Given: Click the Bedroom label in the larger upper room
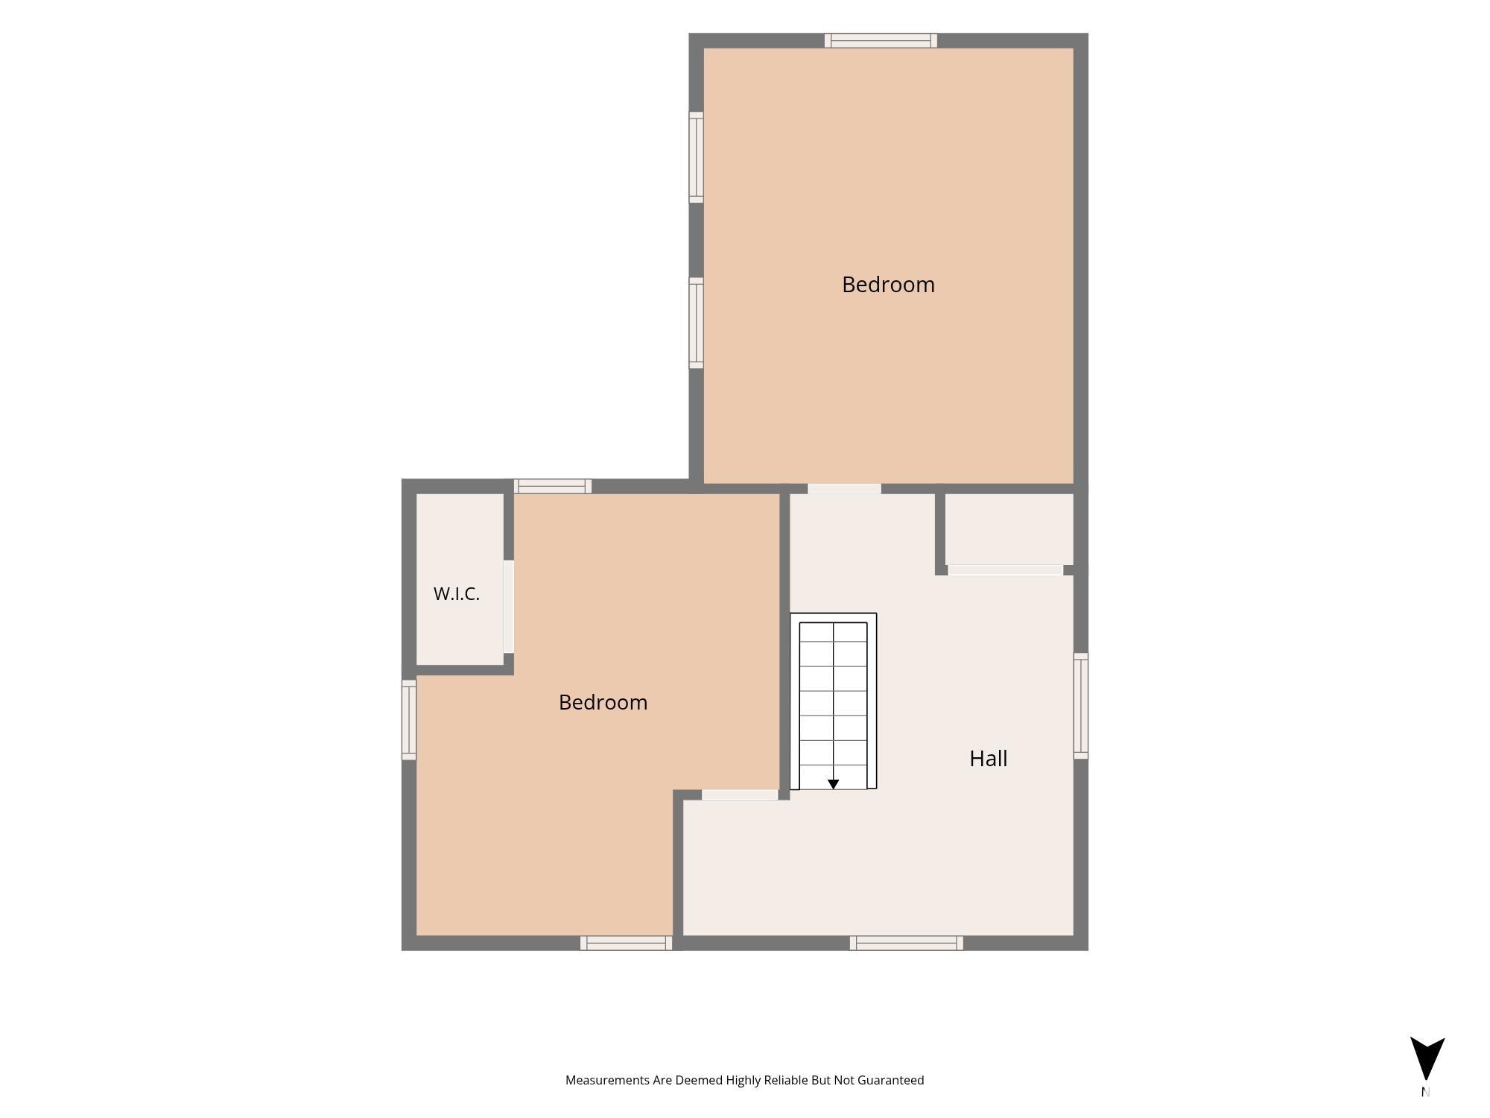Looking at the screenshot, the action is click(888, 285).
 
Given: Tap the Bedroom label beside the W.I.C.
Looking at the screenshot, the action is click(603, 702).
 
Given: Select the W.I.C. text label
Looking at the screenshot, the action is click(456, 594).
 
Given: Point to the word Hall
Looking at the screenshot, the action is click(988, 759).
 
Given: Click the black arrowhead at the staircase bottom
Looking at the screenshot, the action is click(834, 784).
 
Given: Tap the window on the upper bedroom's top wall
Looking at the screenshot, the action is click(881, 40).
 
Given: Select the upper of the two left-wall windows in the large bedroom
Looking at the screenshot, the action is click(696, 157).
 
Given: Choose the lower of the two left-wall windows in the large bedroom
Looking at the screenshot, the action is click(696, 323).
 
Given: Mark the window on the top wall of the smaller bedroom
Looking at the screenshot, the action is click(553, 486).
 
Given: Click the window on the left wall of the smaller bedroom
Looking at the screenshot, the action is click(409, 720).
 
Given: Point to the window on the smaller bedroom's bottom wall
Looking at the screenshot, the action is click(627, 943).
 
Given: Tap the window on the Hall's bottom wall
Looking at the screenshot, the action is click(907, 943).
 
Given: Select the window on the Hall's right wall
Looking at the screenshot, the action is click(1080, 706).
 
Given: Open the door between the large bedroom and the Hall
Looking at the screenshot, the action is click(845, 489).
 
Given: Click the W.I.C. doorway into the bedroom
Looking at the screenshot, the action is click(509, 607).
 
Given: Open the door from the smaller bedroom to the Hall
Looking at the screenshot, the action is click(740, 795).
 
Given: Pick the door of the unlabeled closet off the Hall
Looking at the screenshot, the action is click(1005, 570).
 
